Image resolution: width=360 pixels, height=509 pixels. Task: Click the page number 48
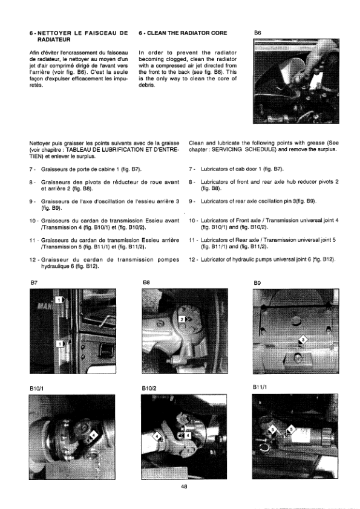pyautogui.click(x=184, y=486)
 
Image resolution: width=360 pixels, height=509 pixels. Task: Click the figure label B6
pyautogui.click(x=257, y=33)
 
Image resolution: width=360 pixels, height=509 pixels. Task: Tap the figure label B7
pyautogui.click(x=34, y=283)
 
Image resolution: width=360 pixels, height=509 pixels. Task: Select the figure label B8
pyautogui.click(x=146, y=283)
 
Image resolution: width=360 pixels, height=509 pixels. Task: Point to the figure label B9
pyautogui.click(x=257, y=283)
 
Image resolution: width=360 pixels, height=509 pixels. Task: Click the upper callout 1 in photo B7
pyautogui.click(x=59, y=300)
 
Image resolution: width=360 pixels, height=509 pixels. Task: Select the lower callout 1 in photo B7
pyautogui.click(x=61, y=343)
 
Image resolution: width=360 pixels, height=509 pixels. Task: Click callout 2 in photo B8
pyautogui.click(x=183, y=319)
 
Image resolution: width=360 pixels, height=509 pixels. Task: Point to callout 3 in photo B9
pyautogui.click(x=303, y=340)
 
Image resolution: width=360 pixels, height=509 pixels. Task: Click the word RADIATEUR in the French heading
pyautogui.click(x=50, y=40)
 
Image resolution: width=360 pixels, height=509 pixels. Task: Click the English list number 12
pyautogui.click(x=191, y=259)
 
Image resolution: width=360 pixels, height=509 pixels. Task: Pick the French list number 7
pyautogui.click(x=31, y=169)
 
